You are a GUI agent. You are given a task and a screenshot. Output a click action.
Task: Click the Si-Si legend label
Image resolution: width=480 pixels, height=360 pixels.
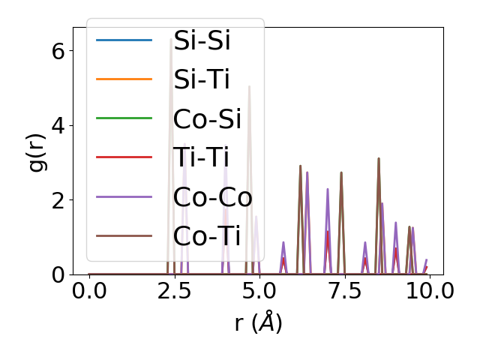(202, 40)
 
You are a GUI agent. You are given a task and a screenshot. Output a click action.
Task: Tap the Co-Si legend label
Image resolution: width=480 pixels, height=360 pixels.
(207, 119)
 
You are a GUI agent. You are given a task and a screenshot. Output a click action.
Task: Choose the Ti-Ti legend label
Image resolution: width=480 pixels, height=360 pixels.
(201, 158)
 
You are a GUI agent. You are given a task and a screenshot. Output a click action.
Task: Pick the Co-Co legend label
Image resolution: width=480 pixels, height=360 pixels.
(212, 197)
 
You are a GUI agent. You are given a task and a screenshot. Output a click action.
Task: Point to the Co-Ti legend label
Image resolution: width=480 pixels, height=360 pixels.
(207, 236)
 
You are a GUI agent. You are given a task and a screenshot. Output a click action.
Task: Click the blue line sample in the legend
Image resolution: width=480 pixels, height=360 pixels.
(124, 40)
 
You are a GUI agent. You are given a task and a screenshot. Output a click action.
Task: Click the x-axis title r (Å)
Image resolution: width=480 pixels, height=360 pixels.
(258, 323)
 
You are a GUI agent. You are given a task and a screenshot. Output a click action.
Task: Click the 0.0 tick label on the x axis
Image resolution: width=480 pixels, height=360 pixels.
(89, 291)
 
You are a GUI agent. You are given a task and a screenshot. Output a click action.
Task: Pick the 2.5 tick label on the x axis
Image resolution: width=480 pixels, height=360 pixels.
(174, 291)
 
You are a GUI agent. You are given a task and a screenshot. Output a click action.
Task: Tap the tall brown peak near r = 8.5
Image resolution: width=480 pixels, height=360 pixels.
(379, 160)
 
